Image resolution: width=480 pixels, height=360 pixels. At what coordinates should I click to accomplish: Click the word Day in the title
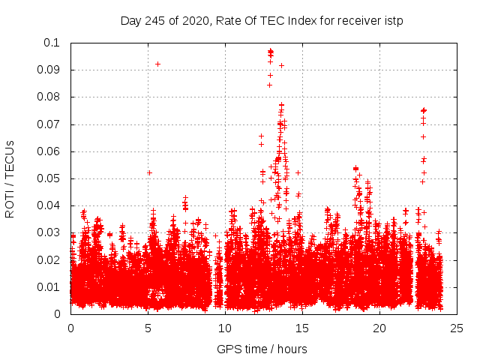tap(130, 20)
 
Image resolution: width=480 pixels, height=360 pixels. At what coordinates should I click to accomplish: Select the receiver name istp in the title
tap(393, 20)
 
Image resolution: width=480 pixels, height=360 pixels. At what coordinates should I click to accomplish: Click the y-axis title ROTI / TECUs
tap(10, 178)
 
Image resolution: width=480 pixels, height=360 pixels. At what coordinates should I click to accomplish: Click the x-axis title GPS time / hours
tap(262, 349)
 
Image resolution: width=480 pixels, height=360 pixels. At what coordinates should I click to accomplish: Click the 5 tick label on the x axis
tap(148, 328)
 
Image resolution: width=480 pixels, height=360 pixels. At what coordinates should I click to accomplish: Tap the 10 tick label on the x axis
tap(225, 328)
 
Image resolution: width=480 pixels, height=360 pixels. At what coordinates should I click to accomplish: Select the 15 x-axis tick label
tap(302, 328)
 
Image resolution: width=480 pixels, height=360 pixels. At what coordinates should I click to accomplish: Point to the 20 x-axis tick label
tap(379, 328)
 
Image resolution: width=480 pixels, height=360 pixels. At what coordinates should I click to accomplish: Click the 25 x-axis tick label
tap(457, 328)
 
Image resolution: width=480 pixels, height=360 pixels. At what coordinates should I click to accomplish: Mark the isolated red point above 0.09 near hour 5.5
tap(157, 64)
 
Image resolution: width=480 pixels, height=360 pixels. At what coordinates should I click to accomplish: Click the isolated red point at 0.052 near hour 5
tap(149, 172)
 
